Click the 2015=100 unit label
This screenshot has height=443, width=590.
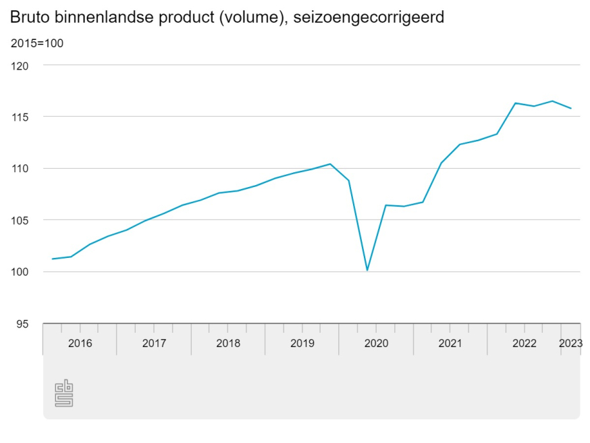37,44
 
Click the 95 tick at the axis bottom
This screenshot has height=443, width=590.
23,323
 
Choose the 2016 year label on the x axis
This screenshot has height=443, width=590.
80,343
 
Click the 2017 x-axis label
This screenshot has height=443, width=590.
154,343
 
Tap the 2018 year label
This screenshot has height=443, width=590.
228,343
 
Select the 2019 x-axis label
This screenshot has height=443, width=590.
302,343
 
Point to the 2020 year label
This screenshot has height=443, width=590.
376,343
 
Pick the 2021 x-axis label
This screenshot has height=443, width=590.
450,343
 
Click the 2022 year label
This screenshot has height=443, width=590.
525,343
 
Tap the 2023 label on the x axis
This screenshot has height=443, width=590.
570,343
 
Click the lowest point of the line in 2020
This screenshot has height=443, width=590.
367,270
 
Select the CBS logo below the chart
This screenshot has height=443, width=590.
64,394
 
